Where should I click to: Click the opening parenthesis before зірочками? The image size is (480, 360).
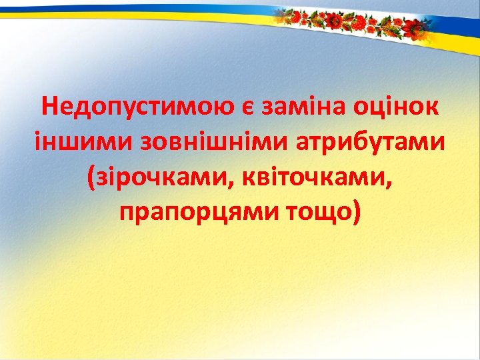[91, 178]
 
